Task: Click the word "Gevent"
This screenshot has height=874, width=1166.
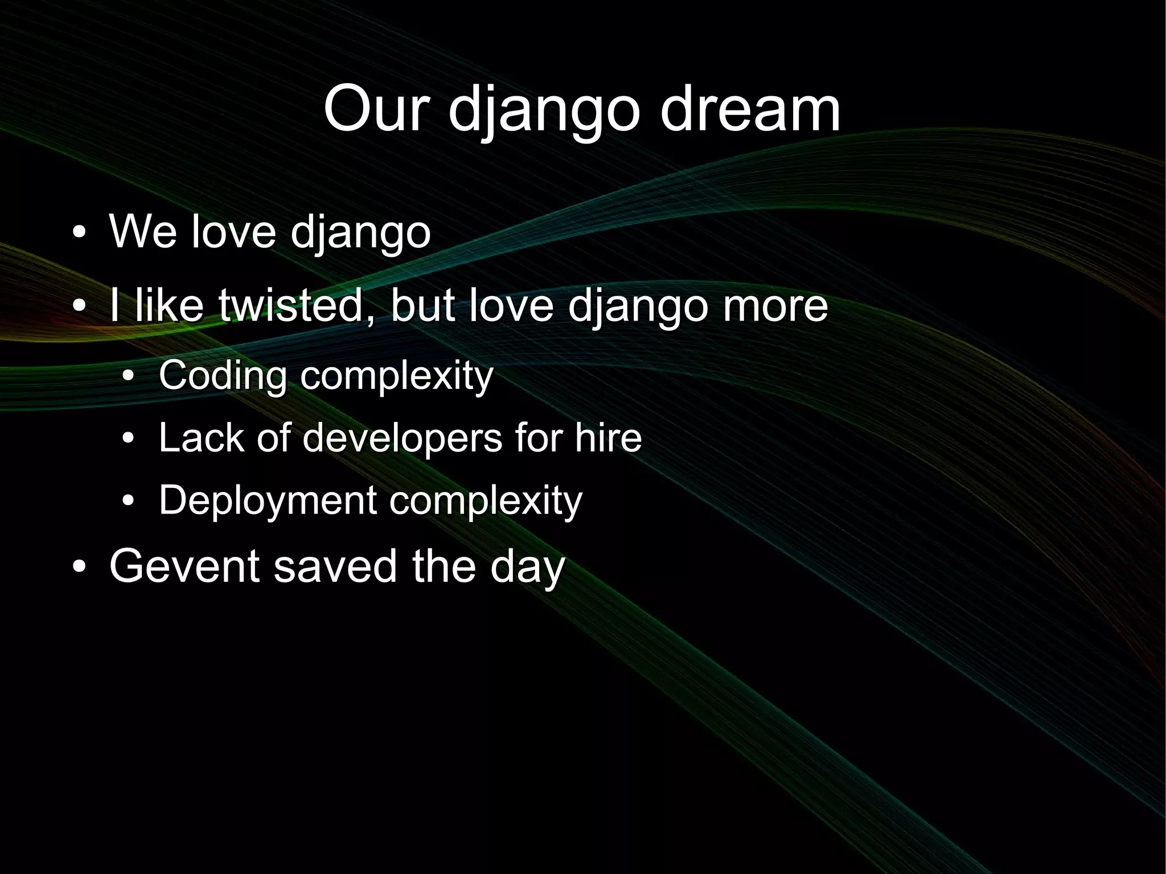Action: [x=184, y=566]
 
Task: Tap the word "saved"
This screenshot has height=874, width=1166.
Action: [x=335, y=566]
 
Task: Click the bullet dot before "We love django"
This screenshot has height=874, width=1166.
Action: [x=79, y=233]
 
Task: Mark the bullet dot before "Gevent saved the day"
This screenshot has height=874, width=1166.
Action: [x=79, y=568]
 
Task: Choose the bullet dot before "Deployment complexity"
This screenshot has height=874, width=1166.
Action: [x=129, y=502]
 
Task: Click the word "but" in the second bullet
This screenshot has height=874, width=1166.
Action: [x=422, y=305]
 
